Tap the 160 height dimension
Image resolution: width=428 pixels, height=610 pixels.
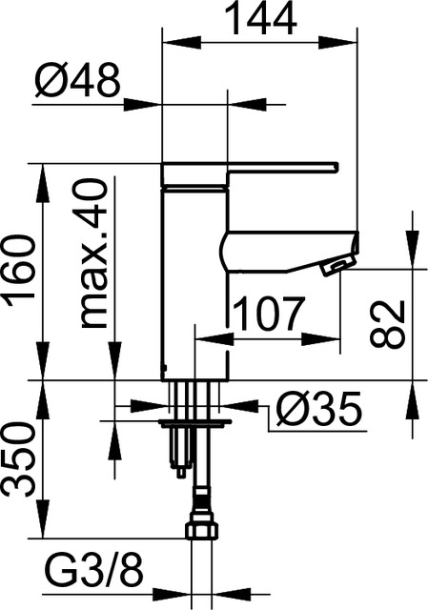[22, 272]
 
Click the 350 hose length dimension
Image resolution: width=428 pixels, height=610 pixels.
[22, 459]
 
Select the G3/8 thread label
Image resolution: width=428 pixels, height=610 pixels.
[94, 574]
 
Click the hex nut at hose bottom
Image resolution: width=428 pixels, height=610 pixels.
[202, 530]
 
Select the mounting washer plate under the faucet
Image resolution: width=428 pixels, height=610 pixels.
[195, 419]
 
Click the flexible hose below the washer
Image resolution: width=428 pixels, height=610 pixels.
[202, 486]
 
